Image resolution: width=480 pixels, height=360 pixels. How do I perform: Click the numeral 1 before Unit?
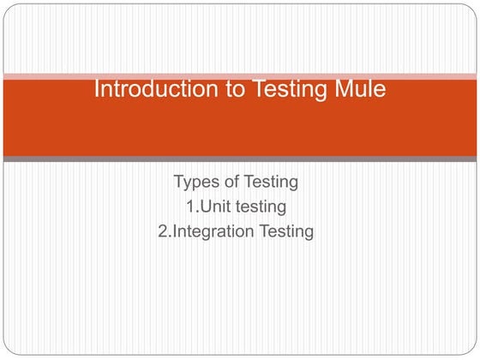pos(189,207)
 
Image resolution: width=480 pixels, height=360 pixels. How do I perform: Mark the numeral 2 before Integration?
pos(163,231)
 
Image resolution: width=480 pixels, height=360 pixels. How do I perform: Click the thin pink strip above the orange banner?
pos(240,76)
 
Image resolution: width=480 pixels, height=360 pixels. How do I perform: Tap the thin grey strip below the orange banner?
pos(240,159)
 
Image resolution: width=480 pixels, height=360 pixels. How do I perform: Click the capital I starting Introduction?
pos(95,89)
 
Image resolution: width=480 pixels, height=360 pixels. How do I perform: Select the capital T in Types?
pos(178,182)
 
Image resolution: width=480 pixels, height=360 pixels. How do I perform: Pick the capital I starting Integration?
pos(175,231)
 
